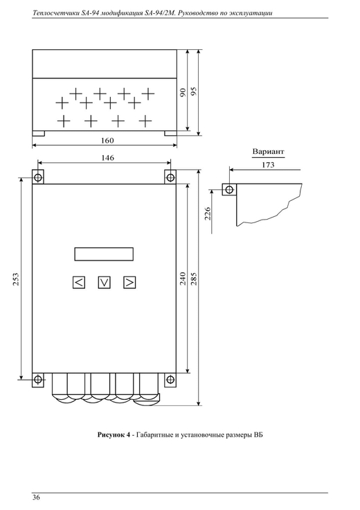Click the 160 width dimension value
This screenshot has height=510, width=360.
pyautogui.click(x=107, y=141)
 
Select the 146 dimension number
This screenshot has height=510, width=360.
pyautogui.click(x=107, y=158)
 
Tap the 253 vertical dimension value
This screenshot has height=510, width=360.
pyautogui.click(x=16, y=279)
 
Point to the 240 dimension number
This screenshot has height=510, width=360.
pyautogui.click(x=183, y=279)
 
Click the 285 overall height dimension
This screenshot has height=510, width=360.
pyautogui.click(x=194, y=279)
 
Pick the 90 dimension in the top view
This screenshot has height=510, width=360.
pyautogui.click(x=183, y=92)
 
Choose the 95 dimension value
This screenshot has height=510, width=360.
pyautogui.click(x=194, y=91)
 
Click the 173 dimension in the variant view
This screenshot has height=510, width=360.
pyautogui.click(x=268, y=165)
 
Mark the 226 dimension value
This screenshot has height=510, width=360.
pyautogui.click(x=208, y=213)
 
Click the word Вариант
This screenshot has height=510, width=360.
pyautogui.click(x=269, y=152)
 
